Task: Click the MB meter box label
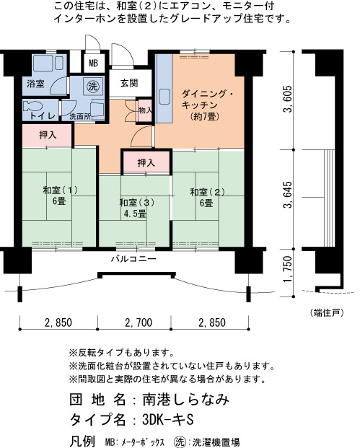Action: [x=93, y=63]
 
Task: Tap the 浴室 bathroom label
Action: [x=36, y=84]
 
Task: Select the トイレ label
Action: [x=43, y=115]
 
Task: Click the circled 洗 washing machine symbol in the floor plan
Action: [x=92, y=86]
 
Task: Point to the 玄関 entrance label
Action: [x=129, y=83]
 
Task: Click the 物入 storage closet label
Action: [x=145, y=110]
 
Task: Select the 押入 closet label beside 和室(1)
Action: [x=48, y=135]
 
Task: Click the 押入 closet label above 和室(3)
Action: [x=146, y=163]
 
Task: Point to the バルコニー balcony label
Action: [x=133, y=259]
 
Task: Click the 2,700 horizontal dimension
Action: [x=139, y=322]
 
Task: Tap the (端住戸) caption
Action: [x=326, y=312]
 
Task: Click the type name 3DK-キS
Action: [x=168, y=420]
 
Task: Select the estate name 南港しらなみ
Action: [x=185, y=399]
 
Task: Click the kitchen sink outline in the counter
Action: [x=164, y=97]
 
